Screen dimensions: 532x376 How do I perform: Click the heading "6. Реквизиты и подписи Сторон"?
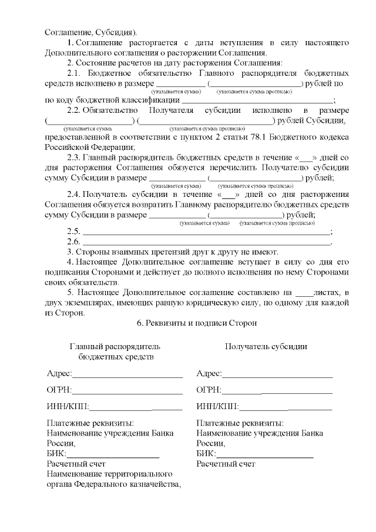pos(196,323)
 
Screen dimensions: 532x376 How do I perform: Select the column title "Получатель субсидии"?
pos(266,346)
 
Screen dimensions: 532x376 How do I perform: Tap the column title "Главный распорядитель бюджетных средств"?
pos(115,352)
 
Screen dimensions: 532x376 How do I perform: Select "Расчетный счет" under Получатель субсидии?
pos(226,464)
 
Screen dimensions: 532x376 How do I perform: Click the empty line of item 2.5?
pos(206,232)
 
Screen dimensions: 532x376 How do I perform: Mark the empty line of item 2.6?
pos(206,242)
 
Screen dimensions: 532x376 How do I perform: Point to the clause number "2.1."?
pos(75,73)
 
